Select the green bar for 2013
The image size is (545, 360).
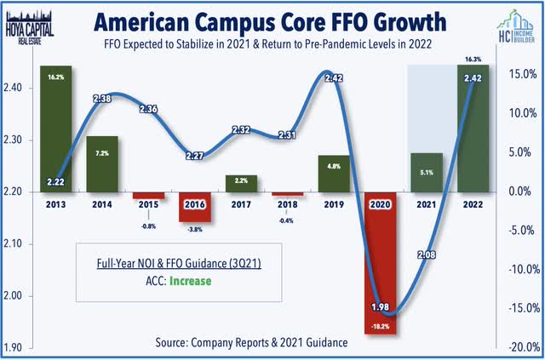(55, 128)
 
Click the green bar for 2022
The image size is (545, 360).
(473, 128)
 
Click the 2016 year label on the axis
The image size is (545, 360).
(194, 205)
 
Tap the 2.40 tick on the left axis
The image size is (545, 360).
(19, 88)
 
